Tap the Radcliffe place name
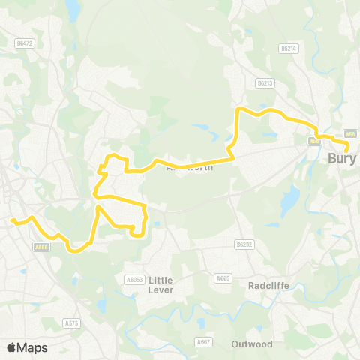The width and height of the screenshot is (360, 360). [x=268, y=285]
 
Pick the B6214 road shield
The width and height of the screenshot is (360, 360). [x=289, y=48]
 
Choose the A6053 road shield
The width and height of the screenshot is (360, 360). [x=133, y=280]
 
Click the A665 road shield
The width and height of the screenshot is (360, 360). [x=223, y=278]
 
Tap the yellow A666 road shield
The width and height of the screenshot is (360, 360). [x=42, y=244]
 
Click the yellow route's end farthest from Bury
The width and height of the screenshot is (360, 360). [x=12, y=220]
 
